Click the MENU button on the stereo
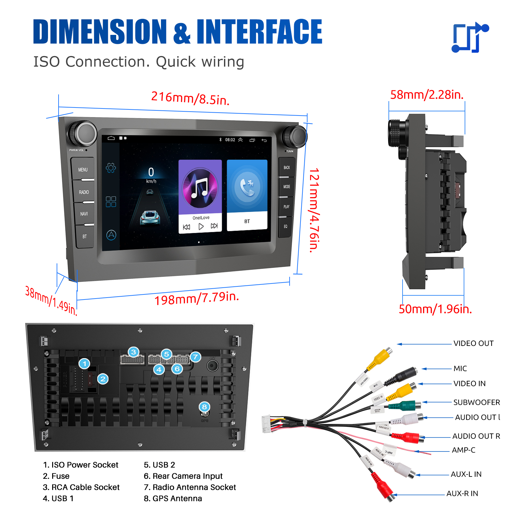click(83, 170)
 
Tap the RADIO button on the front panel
click(84, 192)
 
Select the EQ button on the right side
click(285, 227)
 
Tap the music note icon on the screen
click(200, 188)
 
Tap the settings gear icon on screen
click(111, 168)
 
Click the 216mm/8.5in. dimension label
click(190, 98)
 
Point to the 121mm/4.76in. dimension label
click(314, 210)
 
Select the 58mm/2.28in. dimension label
click(427, 95)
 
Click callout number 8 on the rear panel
click(204, 407)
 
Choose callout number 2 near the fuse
click(103, 379)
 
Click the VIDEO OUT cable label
click(473, 343)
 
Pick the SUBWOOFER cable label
click(476, 402)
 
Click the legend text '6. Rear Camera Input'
click(183, 476)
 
